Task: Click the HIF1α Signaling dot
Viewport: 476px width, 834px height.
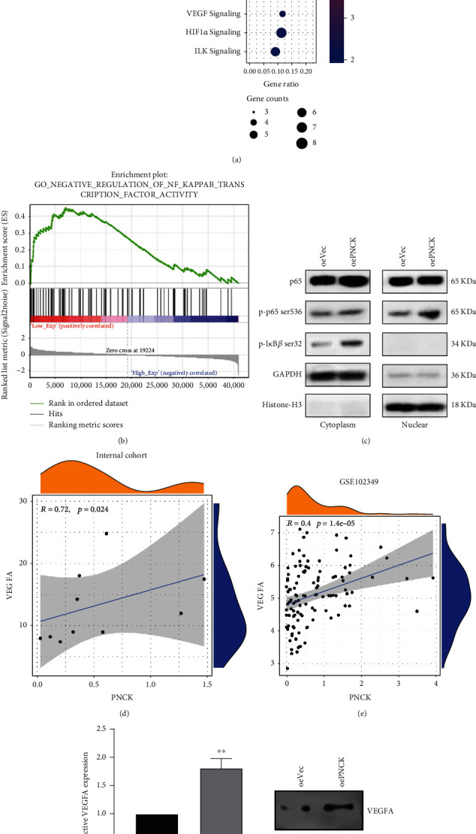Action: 282,32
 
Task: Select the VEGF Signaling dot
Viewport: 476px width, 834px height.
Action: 282,14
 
